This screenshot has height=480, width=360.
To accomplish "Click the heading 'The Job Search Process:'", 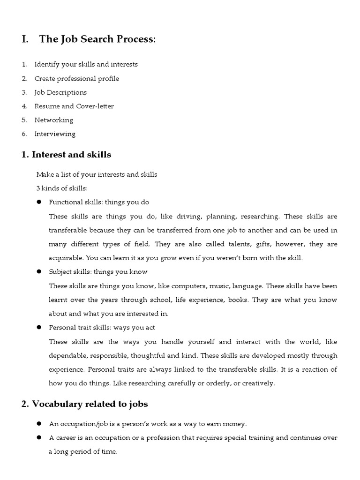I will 97,40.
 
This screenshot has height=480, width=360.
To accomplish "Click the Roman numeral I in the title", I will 24,40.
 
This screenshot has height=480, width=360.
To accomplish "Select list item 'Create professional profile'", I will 76,78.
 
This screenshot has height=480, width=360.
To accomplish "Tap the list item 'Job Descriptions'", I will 60,92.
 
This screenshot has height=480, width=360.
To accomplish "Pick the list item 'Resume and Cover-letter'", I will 74,106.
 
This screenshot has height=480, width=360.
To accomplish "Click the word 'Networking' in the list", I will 54,120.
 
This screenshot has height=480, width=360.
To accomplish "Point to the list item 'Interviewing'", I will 55,134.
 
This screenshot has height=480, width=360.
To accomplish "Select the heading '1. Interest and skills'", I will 66,155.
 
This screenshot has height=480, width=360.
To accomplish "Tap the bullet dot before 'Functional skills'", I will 39,202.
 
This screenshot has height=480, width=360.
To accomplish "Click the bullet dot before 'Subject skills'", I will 39,271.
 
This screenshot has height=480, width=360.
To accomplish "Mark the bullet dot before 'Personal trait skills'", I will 39,327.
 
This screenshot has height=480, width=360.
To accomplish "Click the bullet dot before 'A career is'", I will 39,438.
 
